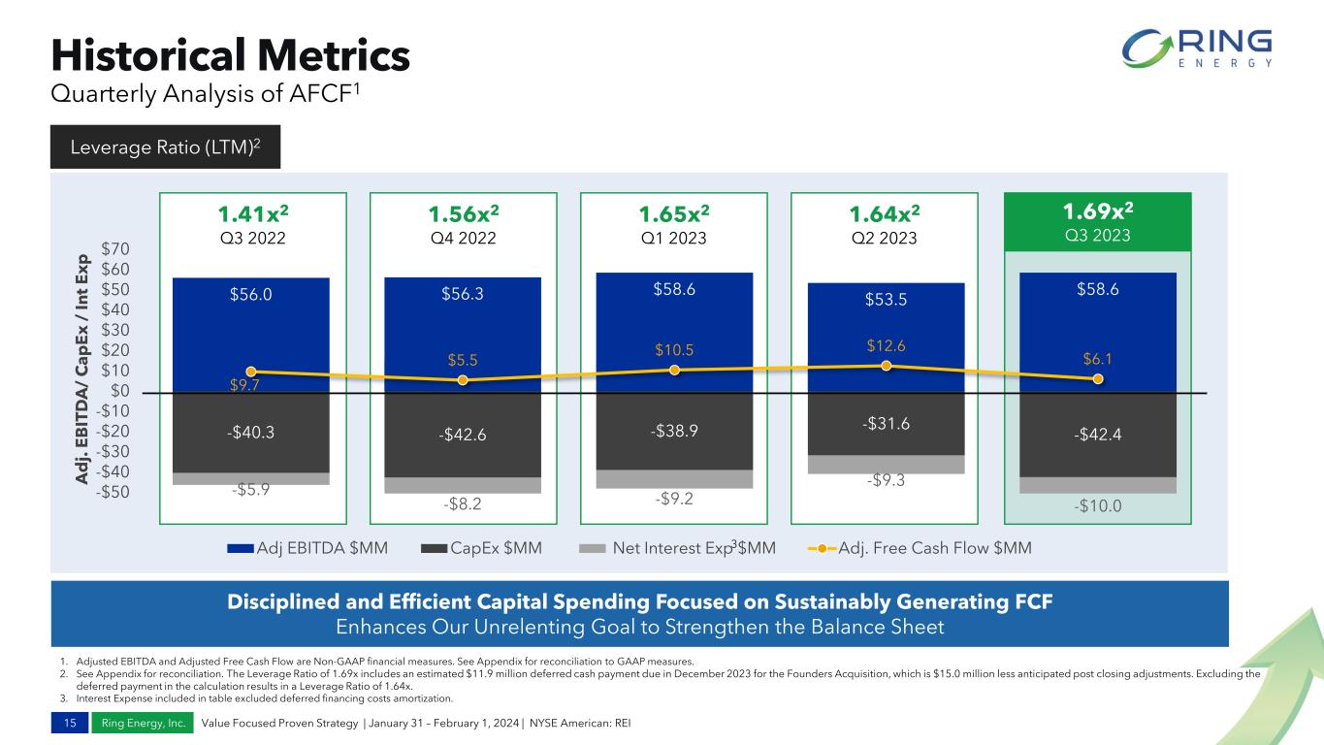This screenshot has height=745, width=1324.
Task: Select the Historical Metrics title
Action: point(230,55)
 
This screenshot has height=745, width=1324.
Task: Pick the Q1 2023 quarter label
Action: point(673,238)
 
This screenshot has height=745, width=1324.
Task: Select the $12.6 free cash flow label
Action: point(885,345)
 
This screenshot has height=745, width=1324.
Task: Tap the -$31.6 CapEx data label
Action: point(885,423)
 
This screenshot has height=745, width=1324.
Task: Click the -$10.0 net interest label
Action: point(1097,504)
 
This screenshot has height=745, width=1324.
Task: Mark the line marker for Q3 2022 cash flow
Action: point(251,372)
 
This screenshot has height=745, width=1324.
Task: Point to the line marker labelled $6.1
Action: point(1097,379)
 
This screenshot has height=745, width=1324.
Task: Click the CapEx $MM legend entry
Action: point(482,548)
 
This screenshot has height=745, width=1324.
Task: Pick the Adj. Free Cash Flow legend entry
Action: point(920,548)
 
